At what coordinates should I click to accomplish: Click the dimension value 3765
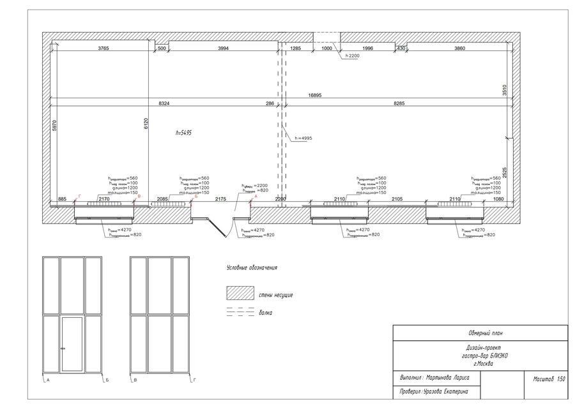[103, 49]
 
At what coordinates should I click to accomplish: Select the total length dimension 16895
[314, 95]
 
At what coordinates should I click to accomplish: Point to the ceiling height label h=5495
[183, 133]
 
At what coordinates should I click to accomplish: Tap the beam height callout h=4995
[303, 139]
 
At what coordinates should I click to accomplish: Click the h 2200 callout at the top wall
[353, 56]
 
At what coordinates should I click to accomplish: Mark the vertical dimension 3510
[503, 89]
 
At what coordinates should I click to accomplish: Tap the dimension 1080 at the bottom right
[498, 200]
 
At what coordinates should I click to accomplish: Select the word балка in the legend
[265, 313]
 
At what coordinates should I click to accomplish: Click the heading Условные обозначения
[252, 268]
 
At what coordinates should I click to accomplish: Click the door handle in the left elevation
[63, 349]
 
